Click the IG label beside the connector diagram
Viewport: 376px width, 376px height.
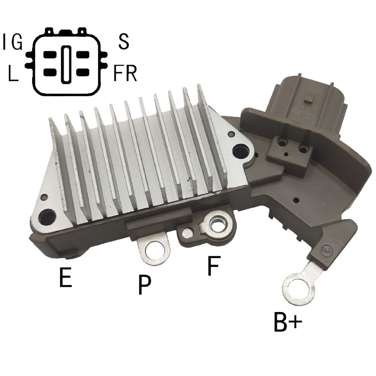pyautogui.click(x=12, y=42)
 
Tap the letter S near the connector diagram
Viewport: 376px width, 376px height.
pyautogui.click(x=124, y=42)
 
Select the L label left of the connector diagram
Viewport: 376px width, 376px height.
pyautogui.click(x=13, y=73)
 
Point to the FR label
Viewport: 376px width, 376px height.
pyautogui.click(x=125, y=73)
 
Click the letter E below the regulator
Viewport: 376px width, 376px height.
pyautogui.click(x=65, y=278)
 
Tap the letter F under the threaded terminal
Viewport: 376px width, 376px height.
pyautogui.click(x=214, y=266)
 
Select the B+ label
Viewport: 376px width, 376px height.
pyautogui.click(x=288, y=322)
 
